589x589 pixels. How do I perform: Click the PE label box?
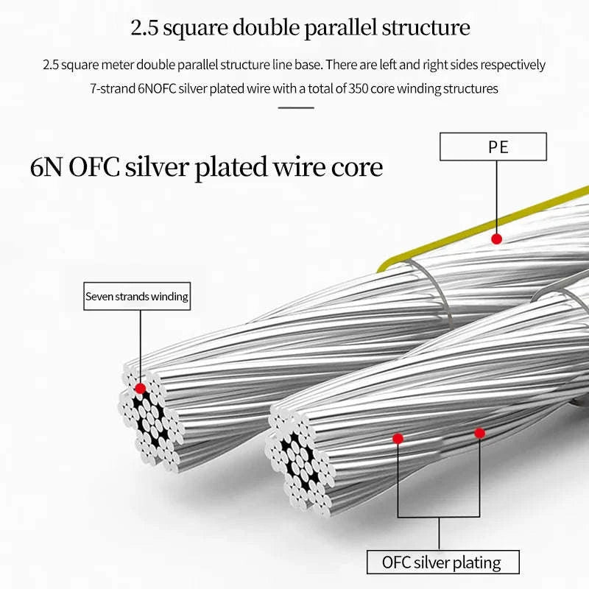click(493, 147)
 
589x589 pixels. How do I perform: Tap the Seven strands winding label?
click(137, 297)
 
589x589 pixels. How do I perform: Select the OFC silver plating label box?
click(442, 563)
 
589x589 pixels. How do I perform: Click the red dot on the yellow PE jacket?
click(497, 239)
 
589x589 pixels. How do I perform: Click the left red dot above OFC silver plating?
click(398, 438)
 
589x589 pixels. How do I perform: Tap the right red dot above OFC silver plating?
click(479, 433)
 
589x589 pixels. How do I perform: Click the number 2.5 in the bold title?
click(144, 28)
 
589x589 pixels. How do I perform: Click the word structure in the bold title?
click(425, 28)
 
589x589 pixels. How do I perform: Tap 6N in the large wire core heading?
click(46, 167)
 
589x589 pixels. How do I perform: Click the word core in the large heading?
click(356, 167)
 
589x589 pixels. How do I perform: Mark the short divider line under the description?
click(296, 107)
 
